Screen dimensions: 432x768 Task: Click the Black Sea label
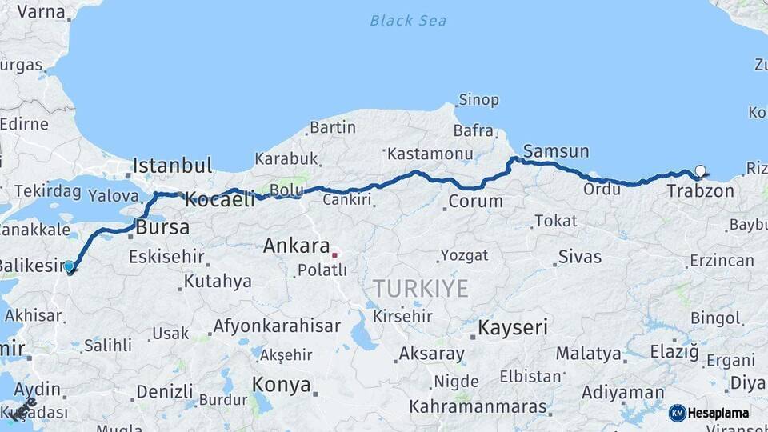pyautogui.click(x=408, y=20)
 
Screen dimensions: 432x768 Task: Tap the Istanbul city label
pyautogui.click(x=172, y=166)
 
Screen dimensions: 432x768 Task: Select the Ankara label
pyautogui.click(x=296, y=246)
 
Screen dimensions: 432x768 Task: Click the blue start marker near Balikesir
pyautogui.click(x=69, y=266)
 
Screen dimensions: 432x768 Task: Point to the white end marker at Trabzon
pyautogui.click(x=701, y=170)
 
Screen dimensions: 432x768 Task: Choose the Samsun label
pyautogui.click(x=556, y=151)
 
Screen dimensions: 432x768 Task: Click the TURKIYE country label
pyautogui.click(x=420, y=289)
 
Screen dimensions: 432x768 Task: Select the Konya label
pyautogui.click(x=281, y=384)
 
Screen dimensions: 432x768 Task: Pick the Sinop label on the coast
pyautogui.click(x=478, y=100)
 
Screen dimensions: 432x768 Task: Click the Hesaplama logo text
pyautogui.click(x=718, y=413)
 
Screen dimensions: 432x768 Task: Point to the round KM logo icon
pyautogui.click(x=678, y=413)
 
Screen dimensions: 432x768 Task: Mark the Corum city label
pyautogui.click(x=475, y=201)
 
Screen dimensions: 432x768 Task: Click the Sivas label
pyautogui.click(x=580, y=257)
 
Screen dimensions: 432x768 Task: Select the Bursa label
pyautogui.click(x=162, y=227)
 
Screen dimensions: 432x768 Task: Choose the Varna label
pyautogui.click(x=41, y=11)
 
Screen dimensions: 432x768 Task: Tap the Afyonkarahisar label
pyautogui.click(x=277, y=326)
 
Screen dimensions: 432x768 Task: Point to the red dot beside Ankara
pyautogui.click(x=334, y=255)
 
